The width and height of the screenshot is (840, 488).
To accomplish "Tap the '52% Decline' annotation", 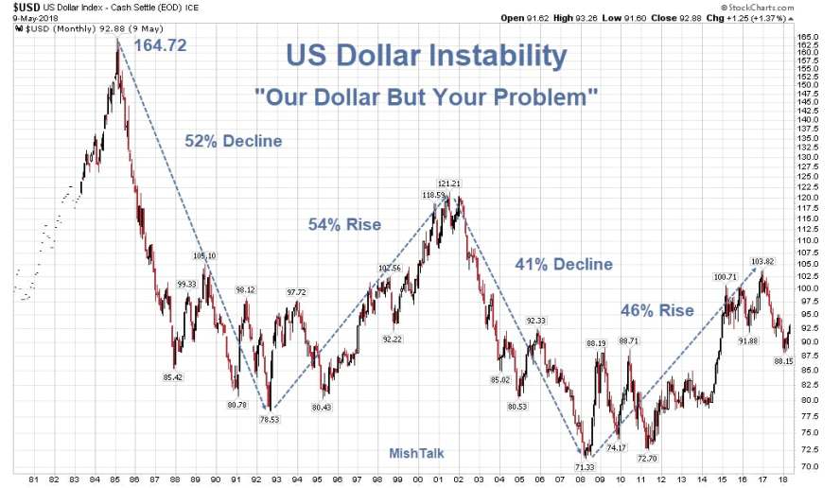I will point(233,142).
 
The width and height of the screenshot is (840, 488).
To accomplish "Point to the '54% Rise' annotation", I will point(344,225).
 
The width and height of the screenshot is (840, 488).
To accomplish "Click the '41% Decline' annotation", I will point(563,265).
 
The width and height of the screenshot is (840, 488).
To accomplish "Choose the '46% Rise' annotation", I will point(656,310).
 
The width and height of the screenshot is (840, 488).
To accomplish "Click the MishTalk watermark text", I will point(416,453).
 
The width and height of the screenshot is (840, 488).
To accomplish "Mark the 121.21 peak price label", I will point(448,183).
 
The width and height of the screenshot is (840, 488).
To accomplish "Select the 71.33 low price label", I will point(586,466).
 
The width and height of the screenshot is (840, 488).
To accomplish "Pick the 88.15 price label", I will point(782,360).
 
